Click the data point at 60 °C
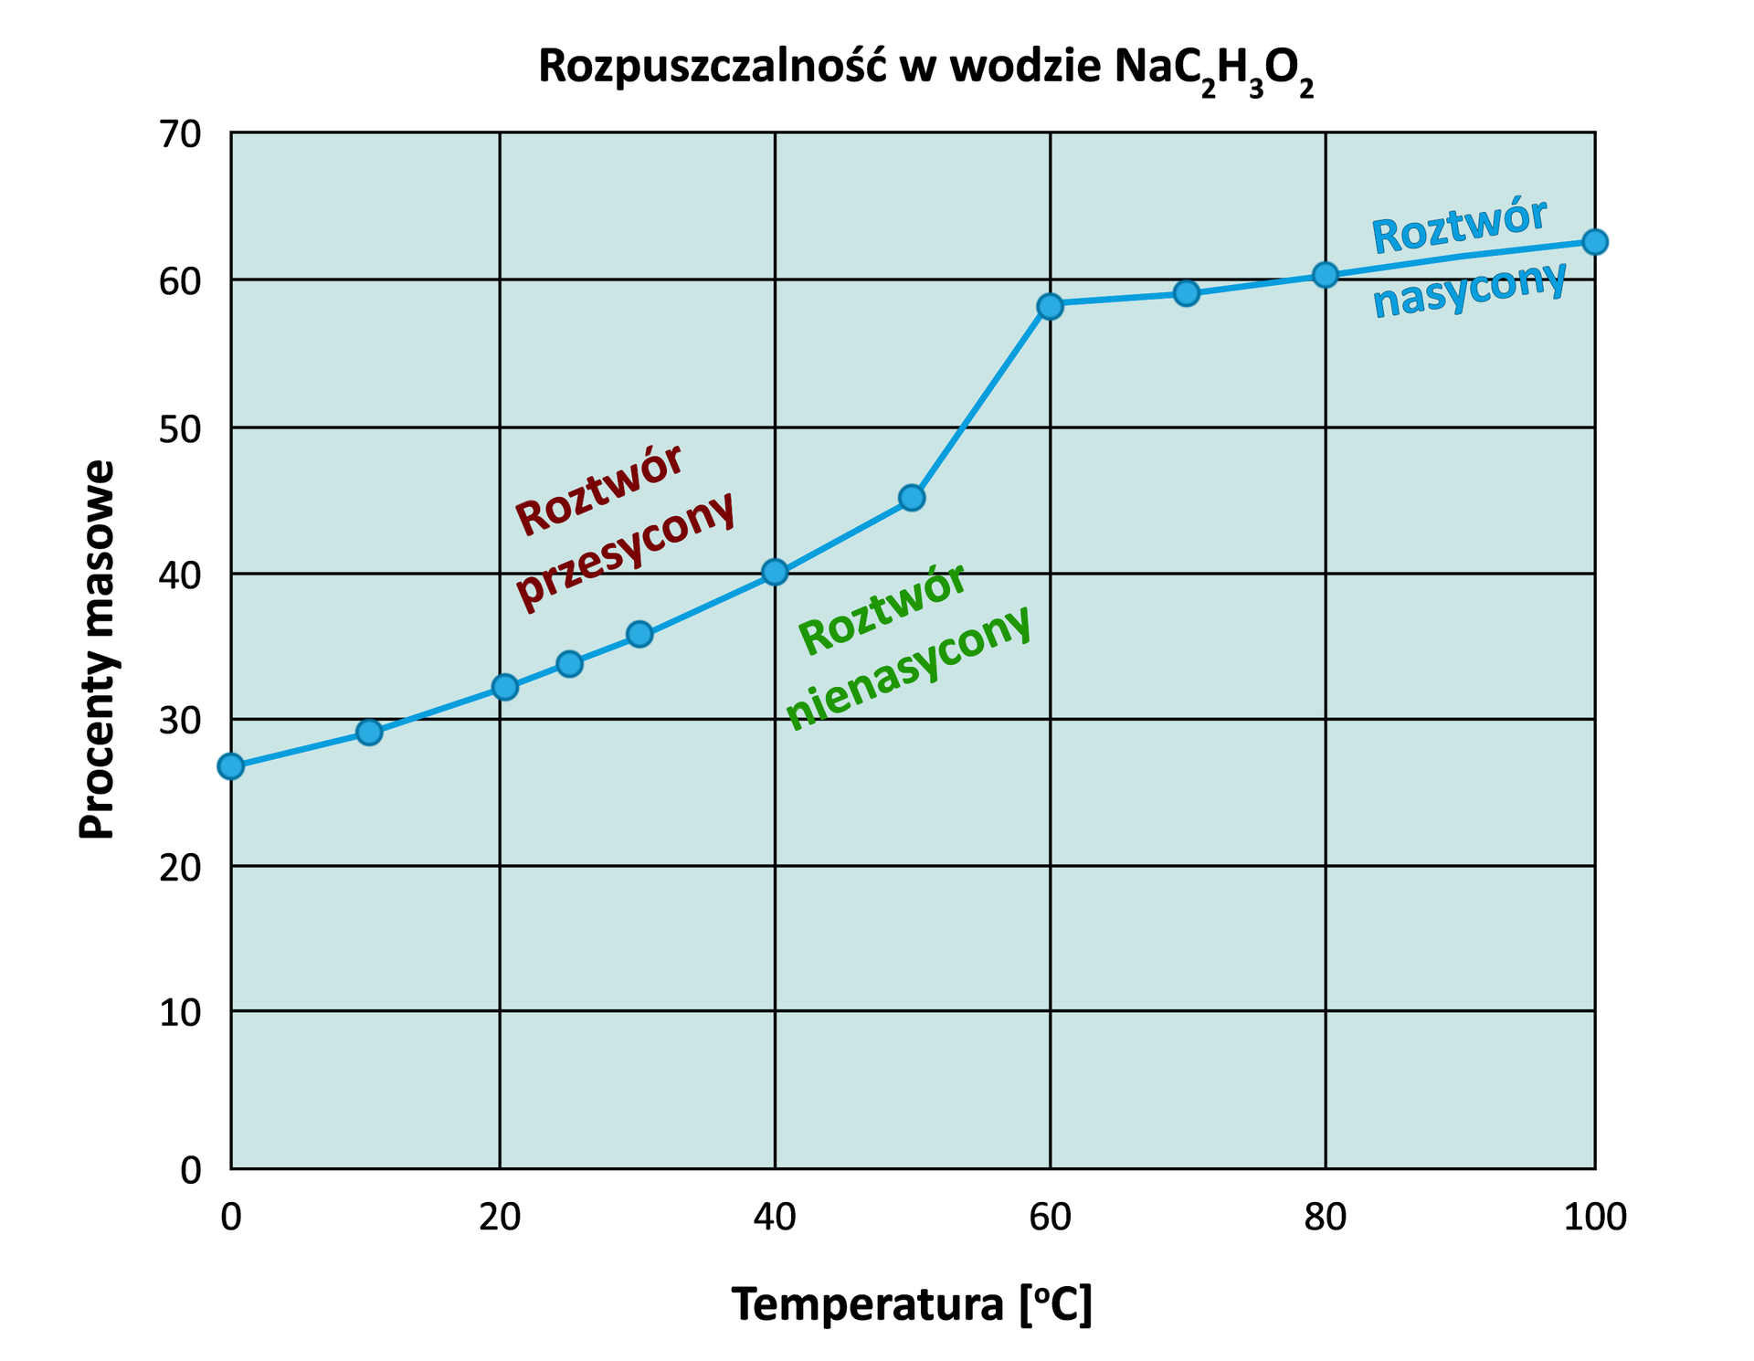(1051, 306)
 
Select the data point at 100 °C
(1594, 242)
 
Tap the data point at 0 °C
(231, 765)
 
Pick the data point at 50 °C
(912, 498)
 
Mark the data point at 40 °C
(775, 573)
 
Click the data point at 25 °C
(569, 663)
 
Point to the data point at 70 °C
(1186, 293)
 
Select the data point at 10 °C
(369, 732)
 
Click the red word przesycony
(626, 552)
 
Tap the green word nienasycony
(909, 667)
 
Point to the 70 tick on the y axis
(180, 135)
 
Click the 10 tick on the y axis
(180, 1012)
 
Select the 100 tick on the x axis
(1595, 1218)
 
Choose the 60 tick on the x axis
(1051, 1218)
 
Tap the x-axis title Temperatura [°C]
(912, 1303)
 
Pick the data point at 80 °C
(1325, 275)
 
